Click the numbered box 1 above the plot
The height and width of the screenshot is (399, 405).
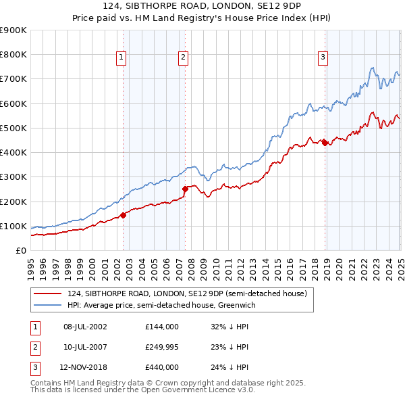click(x=121, y=58)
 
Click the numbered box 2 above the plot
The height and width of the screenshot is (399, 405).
click(x=183, y=58)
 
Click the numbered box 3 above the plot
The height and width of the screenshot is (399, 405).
click(x=323, y=58)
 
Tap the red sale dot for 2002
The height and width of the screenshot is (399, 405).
click(x=123, y=215)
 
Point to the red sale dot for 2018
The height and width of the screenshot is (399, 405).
click(x=325, y=143)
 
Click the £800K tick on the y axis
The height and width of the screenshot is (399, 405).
click(x=13, y=55)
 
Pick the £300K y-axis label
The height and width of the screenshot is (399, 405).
click(x=13, y=177)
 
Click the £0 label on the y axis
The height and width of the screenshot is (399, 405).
click(x=20, y=251)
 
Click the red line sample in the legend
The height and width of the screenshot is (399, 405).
click(x=48, y=294)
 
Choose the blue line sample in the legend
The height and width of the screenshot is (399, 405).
click(x=48, y=306)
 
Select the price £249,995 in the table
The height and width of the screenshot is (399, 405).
click(x=162, y=347)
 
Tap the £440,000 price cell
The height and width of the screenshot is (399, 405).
click(x=162, y=367)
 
